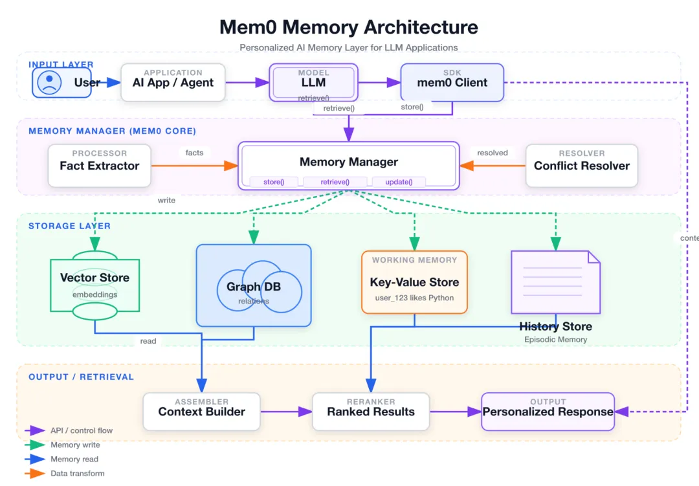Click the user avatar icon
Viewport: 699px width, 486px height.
tap(49, 82)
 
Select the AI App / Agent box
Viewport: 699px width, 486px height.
tap(173, 82)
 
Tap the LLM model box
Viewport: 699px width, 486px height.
tap(313, 82)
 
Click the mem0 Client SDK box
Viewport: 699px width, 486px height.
tap(452, 82)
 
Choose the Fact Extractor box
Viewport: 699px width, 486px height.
tap(100, 166)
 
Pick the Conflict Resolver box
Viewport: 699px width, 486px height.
tap(581, 166)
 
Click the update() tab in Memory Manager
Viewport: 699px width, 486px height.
tap(399, 182)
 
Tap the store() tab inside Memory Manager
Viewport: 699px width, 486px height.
tap(274, 182)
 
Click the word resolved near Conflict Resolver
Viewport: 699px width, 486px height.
tap(493, 153)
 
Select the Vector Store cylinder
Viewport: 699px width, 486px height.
tap(94, 285)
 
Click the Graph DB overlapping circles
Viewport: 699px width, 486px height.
tap(254, 286)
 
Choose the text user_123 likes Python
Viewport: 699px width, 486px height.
tap(414, 298)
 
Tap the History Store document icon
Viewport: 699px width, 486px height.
tap(555, 282)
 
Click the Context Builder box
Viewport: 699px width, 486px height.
tap(202, 412)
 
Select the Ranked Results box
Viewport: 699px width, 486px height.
tap(371, 412)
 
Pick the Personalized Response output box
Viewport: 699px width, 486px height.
tap(548, 412)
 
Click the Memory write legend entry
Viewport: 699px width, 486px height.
tap(75, 445)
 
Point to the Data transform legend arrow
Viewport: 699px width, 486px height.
tap(35, 474)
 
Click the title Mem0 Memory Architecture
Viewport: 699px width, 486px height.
tap(349, 27)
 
